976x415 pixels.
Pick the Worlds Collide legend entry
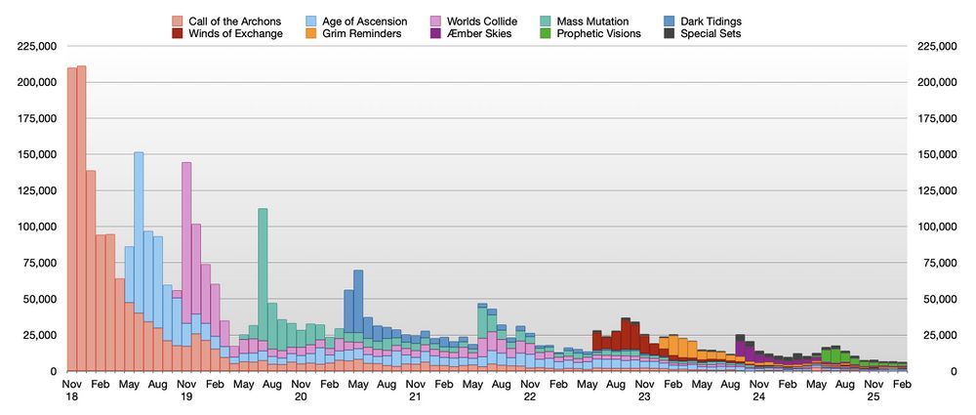[477, 21]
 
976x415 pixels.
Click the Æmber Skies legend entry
[472, 34]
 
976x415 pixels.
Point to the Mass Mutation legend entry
[590, 21]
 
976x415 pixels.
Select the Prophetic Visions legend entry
[595, 34]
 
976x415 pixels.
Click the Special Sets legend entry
[712, 34]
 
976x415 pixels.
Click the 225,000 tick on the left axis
[36, 46]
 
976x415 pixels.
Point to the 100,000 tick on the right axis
[937, 227]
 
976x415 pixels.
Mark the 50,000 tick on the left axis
[40, 299]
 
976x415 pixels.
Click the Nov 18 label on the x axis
[71, 392]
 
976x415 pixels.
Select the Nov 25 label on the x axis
[874, 392]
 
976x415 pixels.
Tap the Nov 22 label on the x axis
[530, 392]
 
